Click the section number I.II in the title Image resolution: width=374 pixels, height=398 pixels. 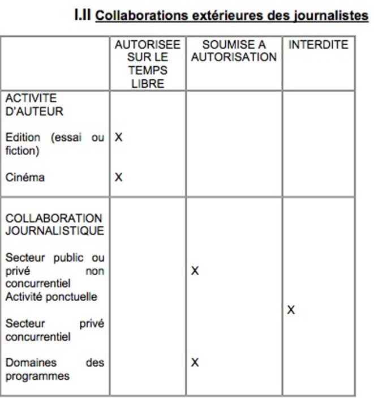[83, 15]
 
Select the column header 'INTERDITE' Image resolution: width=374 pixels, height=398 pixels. [318, 45]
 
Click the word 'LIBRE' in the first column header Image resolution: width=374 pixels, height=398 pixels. [147, 84]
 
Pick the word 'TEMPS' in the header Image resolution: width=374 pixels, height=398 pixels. [148, 71]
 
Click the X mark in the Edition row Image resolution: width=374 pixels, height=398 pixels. [119, 137]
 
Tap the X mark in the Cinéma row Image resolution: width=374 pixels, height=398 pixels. [119, 177]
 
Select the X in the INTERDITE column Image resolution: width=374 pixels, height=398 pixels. [291, 310]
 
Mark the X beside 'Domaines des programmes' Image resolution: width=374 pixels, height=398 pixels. [195, 362]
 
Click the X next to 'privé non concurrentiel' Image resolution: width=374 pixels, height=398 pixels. [195, 271]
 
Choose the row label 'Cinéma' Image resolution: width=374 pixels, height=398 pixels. [25, 177]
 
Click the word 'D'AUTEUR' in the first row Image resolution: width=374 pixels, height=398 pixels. [34, 112]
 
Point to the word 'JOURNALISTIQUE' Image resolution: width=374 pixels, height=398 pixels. [54, 231]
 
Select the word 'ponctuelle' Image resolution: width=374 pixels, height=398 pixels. [72, 297]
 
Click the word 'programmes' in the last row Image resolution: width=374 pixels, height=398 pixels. [37, 376]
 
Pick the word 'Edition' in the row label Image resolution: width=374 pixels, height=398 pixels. [23, 137]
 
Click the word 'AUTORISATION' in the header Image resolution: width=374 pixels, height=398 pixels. [234, 57]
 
